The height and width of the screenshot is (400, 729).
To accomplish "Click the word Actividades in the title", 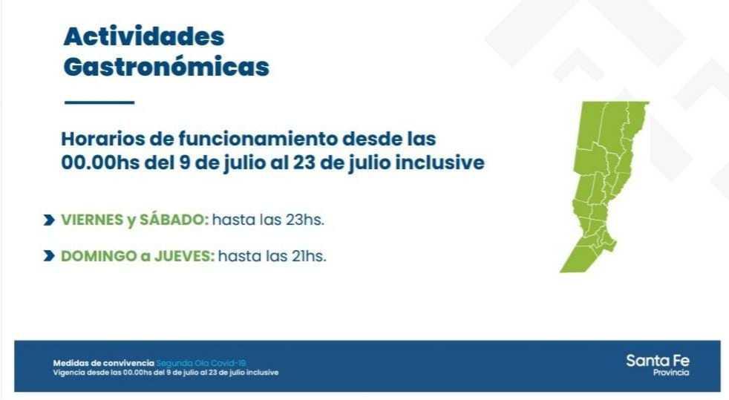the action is (144, 36).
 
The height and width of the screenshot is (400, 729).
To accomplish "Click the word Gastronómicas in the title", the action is (166, 67).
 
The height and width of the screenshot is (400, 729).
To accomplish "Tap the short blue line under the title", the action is (99, 102).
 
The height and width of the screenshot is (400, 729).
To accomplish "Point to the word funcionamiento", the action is (258, 139).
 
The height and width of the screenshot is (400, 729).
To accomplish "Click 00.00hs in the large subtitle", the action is (100, 163).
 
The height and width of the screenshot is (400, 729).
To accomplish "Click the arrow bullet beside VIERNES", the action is (49, 220).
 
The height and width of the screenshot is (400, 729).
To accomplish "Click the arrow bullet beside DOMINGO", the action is (49, 256).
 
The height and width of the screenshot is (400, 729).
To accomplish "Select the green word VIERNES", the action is (92, 220).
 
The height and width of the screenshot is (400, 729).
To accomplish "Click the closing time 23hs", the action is (305, 220).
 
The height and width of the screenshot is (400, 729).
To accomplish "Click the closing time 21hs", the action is (309, 256).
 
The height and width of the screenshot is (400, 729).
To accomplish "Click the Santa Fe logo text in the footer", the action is (658, 361).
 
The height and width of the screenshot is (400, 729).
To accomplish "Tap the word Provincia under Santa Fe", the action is (671, 373).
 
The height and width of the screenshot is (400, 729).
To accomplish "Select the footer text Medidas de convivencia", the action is (103, 363).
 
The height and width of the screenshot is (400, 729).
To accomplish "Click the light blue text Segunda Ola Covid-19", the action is (201, 363).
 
